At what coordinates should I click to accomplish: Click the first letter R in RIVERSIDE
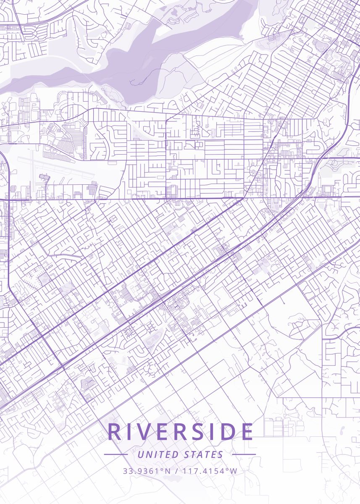(x=114, y=432)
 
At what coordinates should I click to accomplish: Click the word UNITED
(x=158, y=454)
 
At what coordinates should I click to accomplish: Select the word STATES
(x=204, y=454)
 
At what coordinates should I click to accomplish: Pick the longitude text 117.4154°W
(x=210, y=471)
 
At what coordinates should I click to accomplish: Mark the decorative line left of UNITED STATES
(x=116, y=454)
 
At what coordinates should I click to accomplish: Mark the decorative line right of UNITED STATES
(x=244, y=454)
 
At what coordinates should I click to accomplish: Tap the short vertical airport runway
(x=32, y=162)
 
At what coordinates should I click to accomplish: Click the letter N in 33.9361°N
(x=168, y=471)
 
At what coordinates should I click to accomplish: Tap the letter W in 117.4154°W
(x=234, y=471)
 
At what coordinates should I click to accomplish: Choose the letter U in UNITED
(x=140, y=454)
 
